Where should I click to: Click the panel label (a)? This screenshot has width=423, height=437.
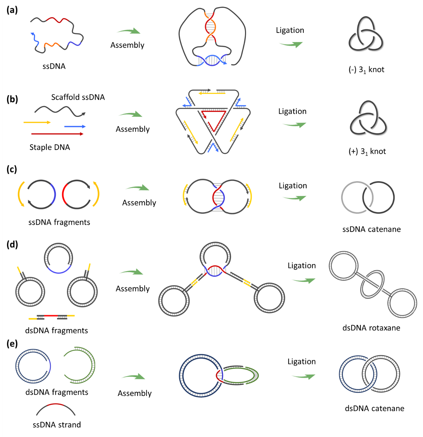[x=12, y=10]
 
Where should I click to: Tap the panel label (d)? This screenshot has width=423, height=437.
[x=12, y=244]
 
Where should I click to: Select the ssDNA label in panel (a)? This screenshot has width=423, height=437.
[x=54, y=66]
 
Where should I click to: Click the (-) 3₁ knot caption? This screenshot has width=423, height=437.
[x=367, y=70]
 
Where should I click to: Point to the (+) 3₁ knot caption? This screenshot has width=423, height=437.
[x=367, y=152]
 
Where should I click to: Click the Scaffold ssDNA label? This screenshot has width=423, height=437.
[x=78, y=97]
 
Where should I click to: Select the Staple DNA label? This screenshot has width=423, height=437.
[x=50, y=147]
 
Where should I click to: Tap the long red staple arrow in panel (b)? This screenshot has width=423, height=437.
[x=57, y=134]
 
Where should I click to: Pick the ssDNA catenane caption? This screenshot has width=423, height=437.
[x=372, y=229]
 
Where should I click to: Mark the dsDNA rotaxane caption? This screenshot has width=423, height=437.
[x=371, y=328]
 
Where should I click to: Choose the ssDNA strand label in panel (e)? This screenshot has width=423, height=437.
[x=57, y=425]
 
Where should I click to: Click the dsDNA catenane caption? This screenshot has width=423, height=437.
[x=375, y=408]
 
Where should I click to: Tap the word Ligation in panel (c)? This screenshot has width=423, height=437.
[x=293, y=186]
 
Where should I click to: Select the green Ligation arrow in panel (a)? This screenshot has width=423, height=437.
[x=291, y=44]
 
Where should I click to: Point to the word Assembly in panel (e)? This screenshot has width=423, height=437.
[x=135, y=394]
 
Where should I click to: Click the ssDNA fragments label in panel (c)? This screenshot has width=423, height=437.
[x=59, y=222]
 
